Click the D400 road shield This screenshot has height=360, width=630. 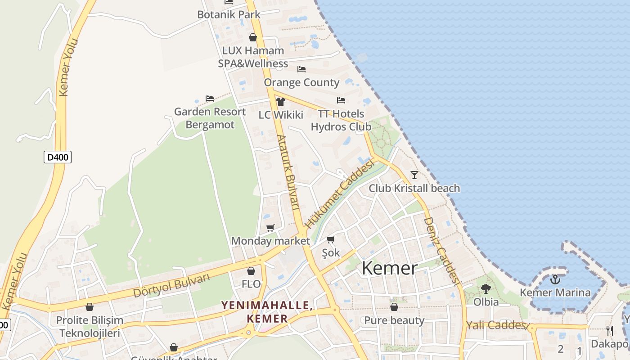(58, 157)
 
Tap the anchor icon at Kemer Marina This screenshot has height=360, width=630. (555, 279)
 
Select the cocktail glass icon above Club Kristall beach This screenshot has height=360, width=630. (414, 175)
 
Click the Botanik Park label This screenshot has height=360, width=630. (229, 14)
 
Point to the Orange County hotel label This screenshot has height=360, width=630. (301, 82)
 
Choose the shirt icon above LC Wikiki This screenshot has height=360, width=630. (281, 102)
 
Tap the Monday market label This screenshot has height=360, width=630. (270, 241)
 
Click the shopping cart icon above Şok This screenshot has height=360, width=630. (331, 239)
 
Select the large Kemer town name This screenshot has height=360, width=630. (390, 268)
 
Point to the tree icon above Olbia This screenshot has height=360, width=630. (486, 288)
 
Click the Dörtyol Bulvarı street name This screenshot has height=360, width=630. (171, 285)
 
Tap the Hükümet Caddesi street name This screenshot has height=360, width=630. (340, 194)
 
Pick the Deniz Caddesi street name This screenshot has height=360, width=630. (441, 251)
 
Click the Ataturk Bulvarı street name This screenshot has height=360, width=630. (288, 172)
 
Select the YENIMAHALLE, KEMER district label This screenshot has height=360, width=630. (267, 312)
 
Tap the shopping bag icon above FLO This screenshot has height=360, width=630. (251, 271)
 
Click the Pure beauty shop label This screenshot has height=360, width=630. (394, 320)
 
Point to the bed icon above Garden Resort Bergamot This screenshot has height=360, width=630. (209, 98)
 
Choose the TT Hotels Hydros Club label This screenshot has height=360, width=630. (341, 120)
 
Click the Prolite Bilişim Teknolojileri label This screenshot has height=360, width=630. (90, 327)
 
